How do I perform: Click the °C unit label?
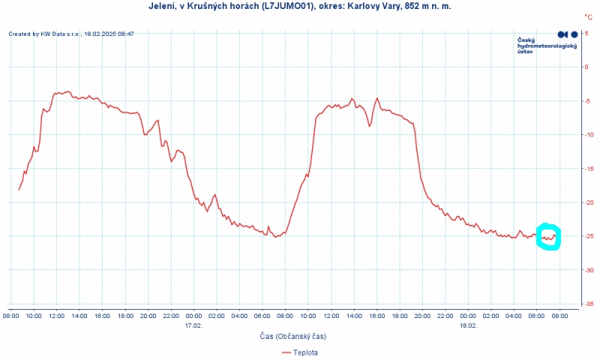tap(588, 16)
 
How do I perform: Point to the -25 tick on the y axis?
tap(588, 236)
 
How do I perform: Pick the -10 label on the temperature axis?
tap(588, 135)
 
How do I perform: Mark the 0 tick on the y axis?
tap(586, 67)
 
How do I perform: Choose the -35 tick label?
tap(588, 304)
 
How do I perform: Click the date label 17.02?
tap(193, 325)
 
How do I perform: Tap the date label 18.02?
tap(468, 325)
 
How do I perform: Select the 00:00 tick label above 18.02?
tap(468, 316)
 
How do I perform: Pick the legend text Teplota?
tap(305, 352)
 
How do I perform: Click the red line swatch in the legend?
tap(284, 352)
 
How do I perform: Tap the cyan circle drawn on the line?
tap(548, 237)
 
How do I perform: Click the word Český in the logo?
tap(526, 40)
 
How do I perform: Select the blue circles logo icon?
tap(568, 34)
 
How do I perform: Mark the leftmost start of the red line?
tap(19, 190)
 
